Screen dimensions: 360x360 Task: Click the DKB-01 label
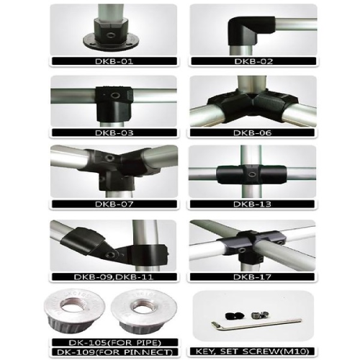click(114, 61)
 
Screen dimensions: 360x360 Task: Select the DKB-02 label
click(253, 61)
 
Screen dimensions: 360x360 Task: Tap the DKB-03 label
click(114, 132)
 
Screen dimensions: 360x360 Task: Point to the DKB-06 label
click(253, 132)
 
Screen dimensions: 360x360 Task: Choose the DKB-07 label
click(114, 204)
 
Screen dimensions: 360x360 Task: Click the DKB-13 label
click(253, 204)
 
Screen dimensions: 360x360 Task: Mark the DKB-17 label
click(253, 276)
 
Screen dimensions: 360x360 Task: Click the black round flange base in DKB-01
click(113, 38)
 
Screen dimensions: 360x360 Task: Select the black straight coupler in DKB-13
click(233, 174)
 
